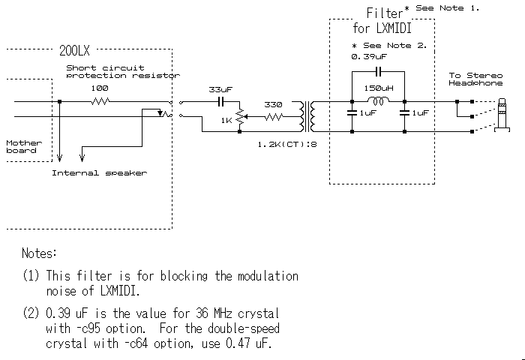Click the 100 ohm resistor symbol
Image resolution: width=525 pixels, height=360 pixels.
[x=100, y=101]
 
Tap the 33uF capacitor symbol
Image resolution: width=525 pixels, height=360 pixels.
[x=222, y=101]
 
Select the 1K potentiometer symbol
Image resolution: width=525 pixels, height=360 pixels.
[x=238, y=118]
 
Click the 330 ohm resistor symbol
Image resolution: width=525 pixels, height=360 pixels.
[x=272, y=117]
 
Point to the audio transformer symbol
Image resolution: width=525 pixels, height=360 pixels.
[x=306, y=116]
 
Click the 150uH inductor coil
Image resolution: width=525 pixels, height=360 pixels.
[x=378, y=101]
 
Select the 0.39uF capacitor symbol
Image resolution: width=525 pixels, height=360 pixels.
[x=378, y=71]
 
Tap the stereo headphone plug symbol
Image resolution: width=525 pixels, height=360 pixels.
[x=499, y=116]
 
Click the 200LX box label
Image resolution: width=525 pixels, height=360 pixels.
[x=76, y=52]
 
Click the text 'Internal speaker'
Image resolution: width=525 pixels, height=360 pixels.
[x=99, y=172]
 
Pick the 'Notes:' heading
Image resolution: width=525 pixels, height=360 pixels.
[x=40, y=253]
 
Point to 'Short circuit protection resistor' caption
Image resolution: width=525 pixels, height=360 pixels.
[x=121, y=71]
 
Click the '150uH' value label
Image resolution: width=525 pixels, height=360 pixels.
[x=377, y=88]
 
